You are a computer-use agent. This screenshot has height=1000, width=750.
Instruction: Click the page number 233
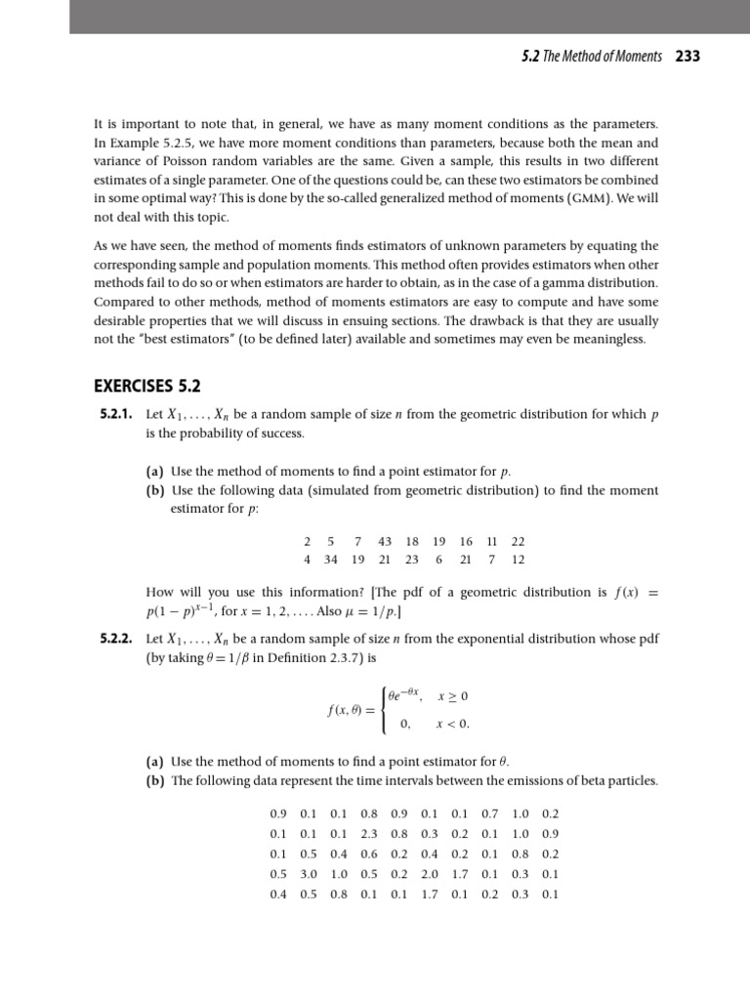click(687, 57)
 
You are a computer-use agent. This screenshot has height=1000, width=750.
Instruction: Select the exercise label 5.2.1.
click(117, 415)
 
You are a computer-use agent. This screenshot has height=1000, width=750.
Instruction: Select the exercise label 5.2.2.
click(117, 638)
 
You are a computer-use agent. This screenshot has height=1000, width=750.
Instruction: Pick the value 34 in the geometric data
click(331, 560)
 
